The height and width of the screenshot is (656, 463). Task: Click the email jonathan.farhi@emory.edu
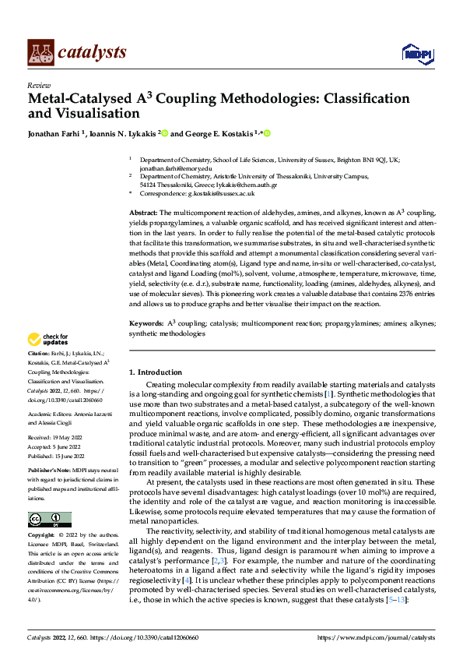tap(176, 168)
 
